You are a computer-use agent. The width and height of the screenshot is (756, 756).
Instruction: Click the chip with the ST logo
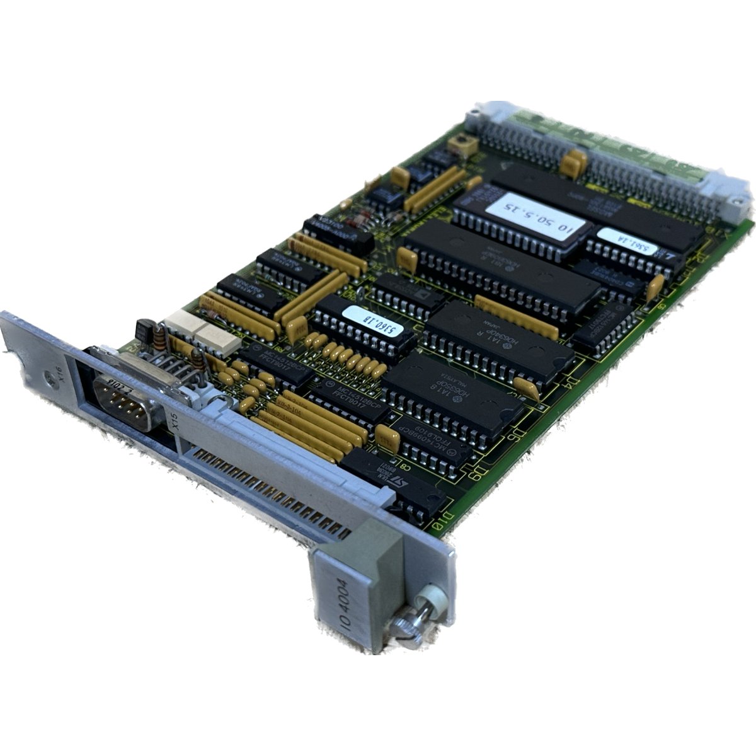coord(400,485)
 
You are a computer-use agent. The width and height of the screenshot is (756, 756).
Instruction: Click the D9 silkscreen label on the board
coord(482,469)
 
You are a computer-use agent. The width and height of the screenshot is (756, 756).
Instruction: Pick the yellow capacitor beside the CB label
coord(385,436)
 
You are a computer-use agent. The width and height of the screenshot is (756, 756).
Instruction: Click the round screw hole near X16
coord(49,379)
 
